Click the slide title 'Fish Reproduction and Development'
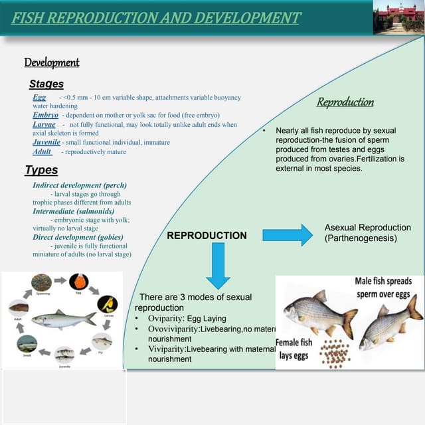(156, 18)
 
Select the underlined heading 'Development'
(52, 62)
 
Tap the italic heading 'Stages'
(46, 84)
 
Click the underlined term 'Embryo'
(45, 115)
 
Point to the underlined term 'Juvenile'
(46, 142)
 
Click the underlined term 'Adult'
(42, 152)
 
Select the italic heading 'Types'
(41, 170)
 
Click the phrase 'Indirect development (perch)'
(80, 185)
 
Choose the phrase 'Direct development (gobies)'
(78, 237)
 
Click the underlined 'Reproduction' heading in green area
(345, 102)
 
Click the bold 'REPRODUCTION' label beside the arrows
(207, 236)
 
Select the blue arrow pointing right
(288, 235)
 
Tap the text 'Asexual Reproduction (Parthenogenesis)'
(367, 232)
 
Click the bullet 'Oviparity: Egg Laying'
(187, 319)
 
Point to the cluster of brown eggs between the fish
(335, 353)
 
